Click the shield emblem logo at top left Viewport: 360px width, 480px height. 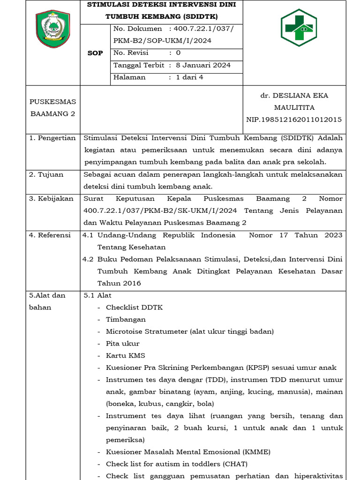52,29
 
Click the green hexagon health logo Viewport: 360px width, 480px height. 299,27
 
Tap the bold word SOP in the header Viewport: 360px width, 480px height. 95,53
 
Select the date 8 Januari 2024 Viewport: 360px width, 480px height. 203,65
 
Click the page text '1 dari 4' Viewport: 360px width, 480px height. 189,77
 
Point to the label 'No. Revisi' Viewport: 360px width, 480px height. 131,53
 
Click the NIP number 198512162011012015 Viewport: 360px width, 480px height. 294,120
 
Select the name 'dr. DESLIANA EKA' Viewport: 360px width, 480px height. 294,95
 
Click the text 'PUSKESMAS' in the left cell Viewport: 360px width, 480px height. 52,101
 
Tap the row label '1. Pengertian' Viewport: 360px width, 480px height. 52,138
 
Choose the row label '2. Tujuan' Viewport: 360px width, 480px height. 46,174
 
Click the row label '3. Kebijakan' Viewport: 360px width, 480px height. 52,198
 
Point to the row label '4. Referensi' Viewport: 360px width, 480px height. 50,235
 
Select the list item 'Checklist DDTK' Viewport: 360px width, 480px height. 134,307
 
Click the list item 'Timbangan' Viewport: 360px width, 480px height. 126,319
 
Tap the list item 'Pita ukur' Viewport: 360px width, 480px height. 122,344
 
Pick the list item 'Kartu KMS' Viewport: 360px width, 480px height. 125,356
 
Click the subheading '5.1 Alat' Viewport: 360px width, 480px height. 97,295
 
